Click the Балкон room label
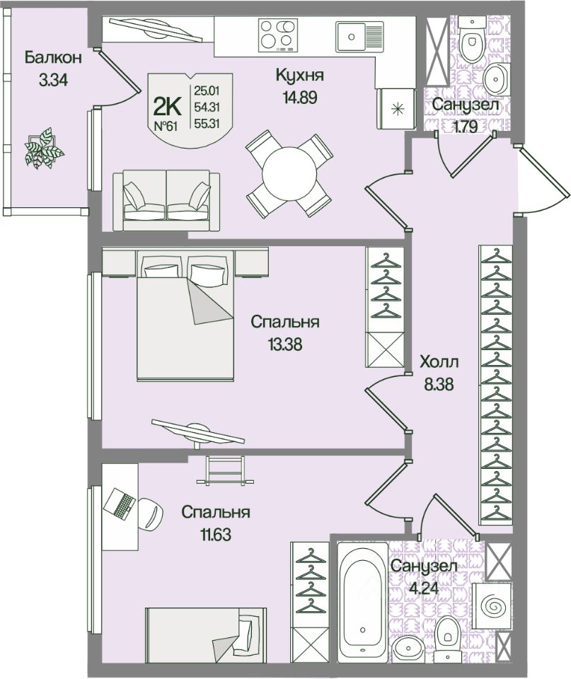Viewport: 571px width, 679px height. click(x=53, y=57)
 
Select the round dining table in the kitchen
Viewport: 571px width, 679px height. click(x=289, y=175)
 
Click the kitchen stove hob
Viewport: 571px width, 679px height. click(x=277, y=35)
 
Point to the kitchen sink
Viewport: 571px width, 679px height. click(x=359, y=36)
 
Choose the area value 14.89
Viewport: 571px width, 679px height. click(x=300, y=98)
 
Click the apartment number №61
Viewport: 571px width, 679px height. click(x=166, y=126)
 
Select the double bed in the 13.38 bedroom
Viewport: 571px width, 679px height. click(x=185, y=315)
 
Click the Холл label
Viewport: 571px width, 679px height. click(x=439, y=361)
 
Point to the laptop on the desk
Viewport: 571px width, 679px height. click(x=120, y=503)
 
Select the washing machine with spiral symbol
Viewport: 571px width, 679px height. click(x=491, y=604)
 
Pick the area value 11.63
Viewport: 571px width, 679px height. click(x=215, y=535)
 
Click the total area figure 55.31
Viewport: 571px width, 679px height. click(x=207, y=123)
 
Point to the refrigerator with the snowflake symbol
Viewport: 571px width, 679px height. click(x=396, y=109)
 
